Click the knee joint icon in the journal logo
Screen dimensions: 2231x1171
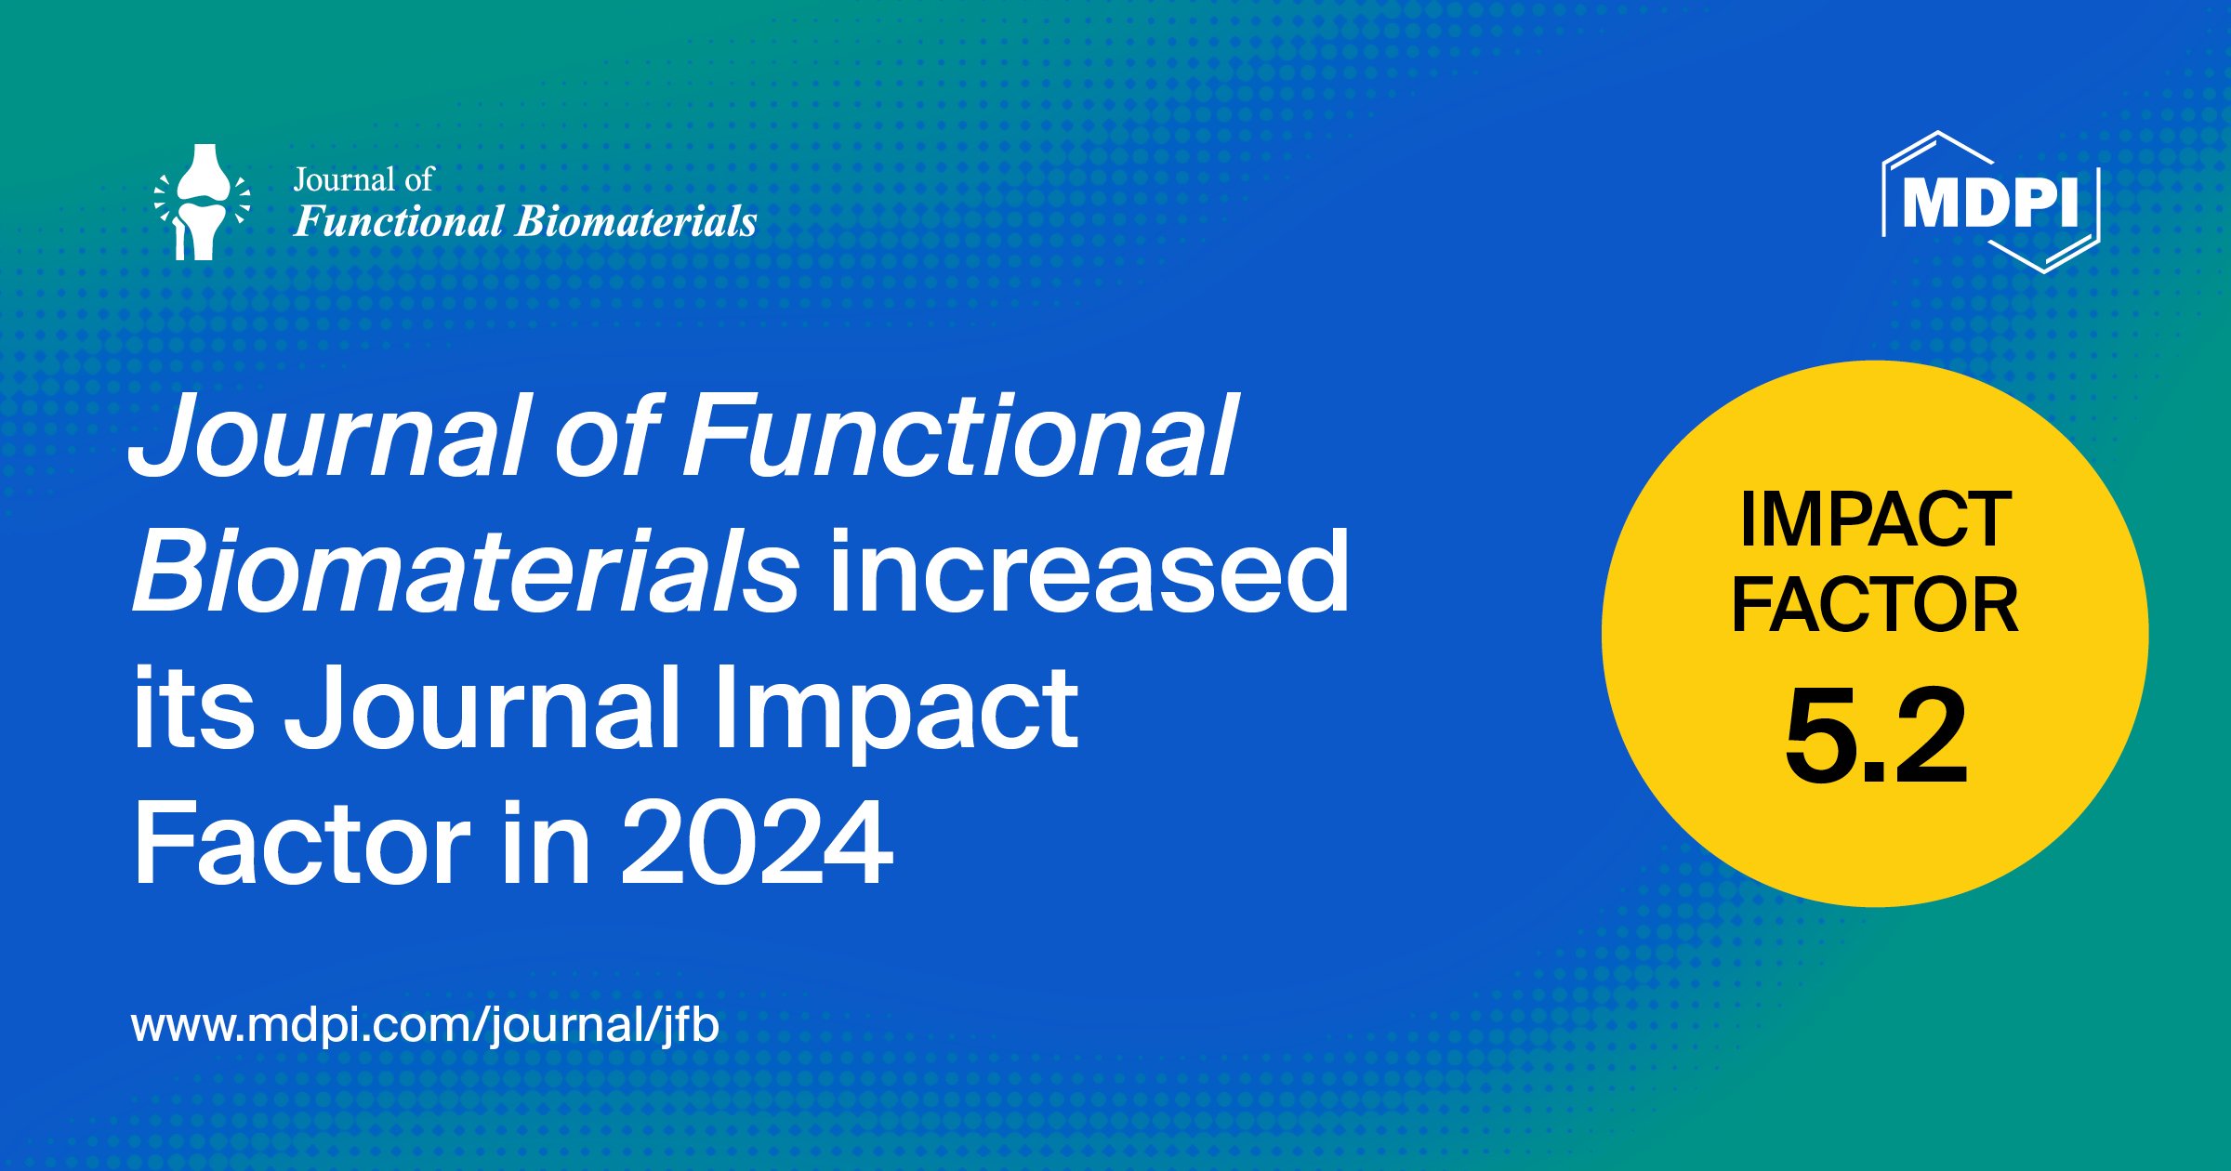(202, 202)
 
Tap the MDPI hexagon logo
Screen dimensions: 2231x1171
(1991, 202)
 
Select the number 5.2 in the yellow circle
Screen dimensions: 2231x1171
(1876, 735)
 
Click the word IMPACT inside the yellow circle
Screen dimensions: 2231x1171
(1876, 520)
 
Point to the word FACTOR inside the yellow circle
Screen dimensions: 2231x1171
(1875, 605)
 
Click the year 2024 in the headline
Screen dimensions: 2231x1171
(757, 843)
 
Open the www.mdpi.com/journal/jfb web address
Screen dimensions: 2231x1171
(426, 1024)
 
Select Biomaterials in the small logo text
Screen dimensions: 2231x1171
(636, 221)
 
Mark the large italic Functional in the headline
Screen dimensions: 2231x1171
(960, 434)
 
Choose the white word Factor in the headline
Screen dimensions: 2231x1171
(302, 843)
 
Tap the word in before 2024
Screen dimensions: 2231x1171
(546, 843)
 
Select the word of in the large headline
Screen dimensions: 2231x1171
(609, 434)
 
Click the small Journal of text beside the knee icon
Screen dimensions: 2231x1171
(363, 179)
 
